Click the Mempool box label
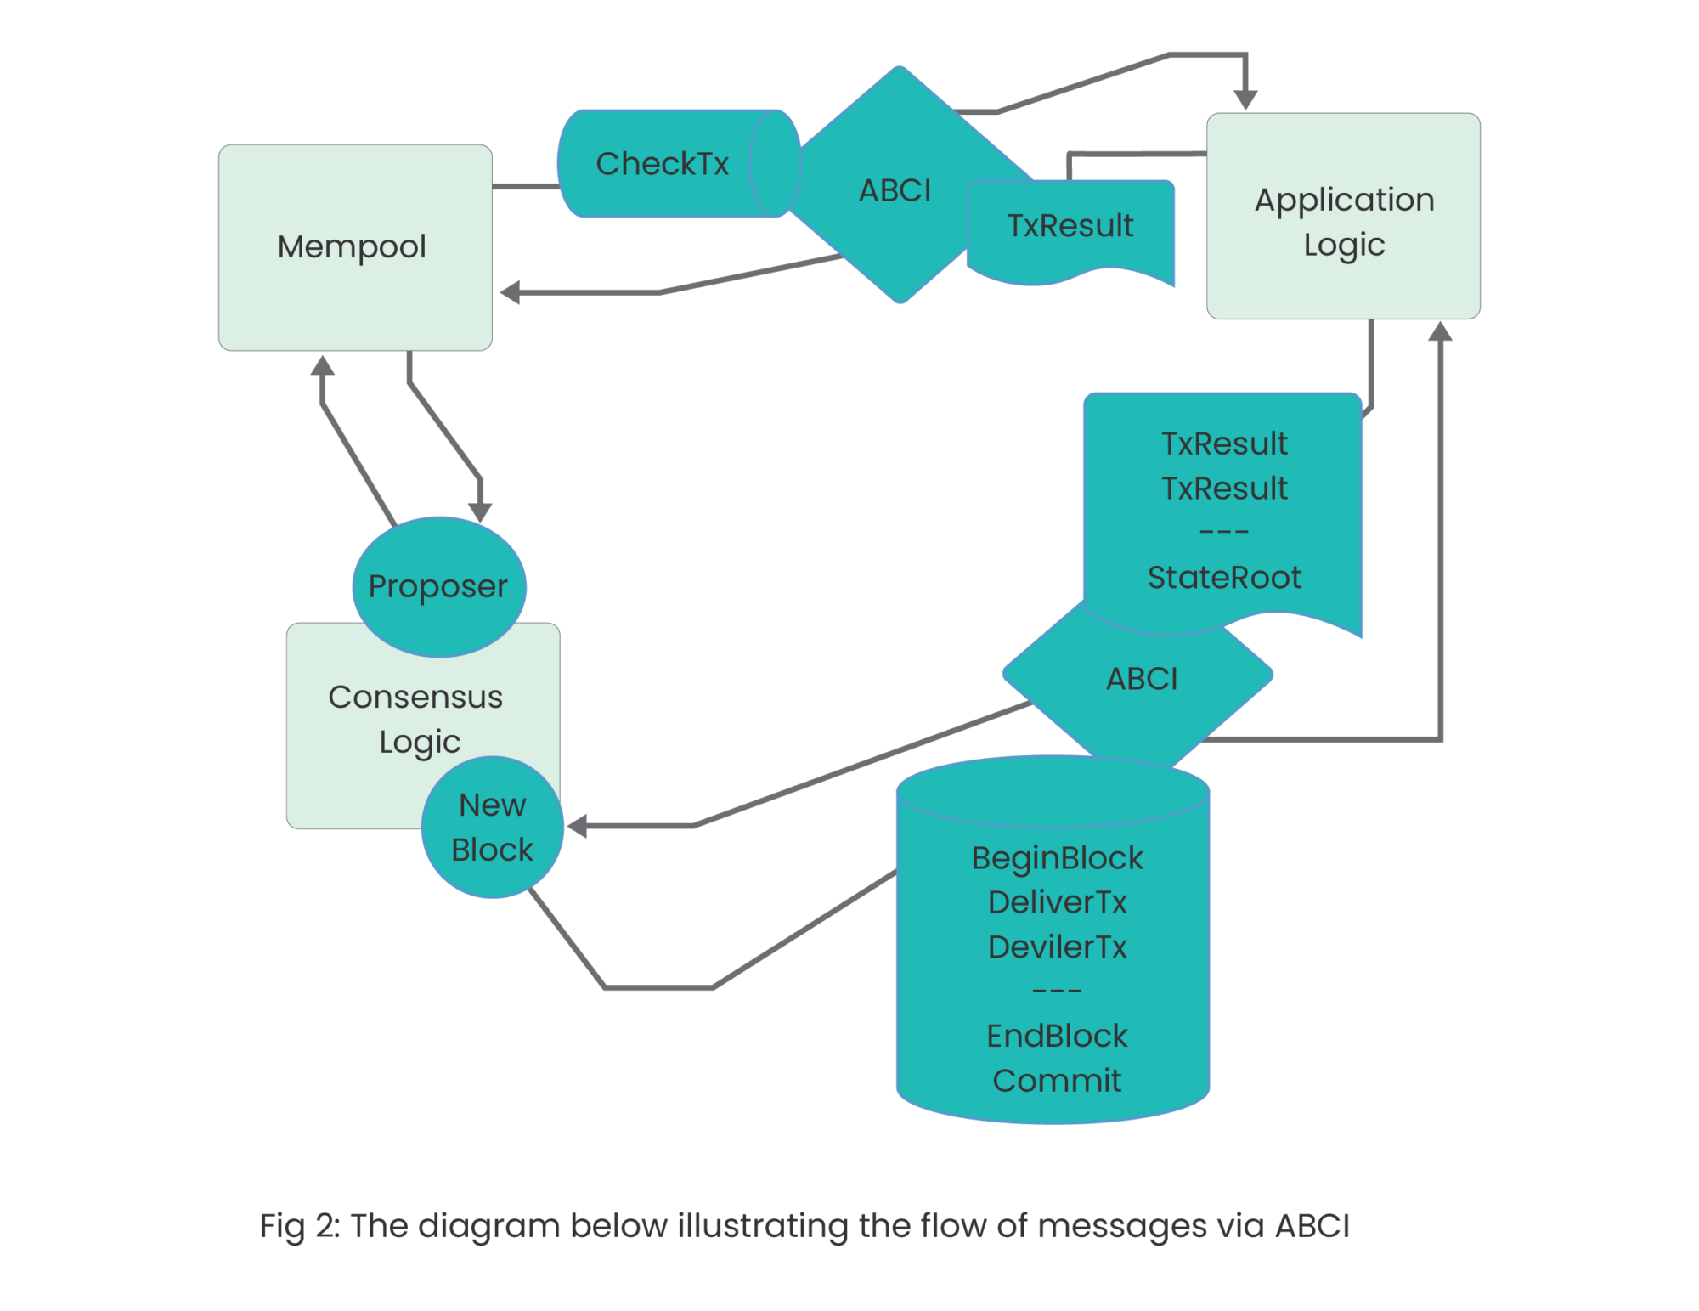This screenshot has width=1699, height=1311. [x=352, y=247]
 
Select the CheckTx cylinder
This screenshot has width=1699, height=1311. [x=663, y=164]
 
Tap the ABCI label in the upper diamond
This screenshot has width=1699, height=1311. [x=895, y=190]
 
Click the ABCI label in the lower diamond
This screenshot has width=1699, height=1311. [x=1142, y=679]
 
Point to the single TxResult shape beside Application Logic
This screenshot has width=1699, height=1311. [x=1070, y=226]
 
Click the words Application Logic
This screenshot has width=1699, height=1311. [x=1344, y=222]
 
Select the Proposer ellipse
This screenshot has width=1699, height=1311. [x=438, y=586]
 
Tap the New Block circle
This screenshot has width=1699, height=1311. [x=492, y=827]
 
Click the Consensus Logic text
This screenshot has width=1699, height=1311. [x=415, y=719]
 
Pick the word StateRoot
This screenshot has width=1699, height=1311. [x=1224, y=578]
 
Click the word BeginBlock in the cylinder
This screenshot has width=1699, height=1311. [x=1057, y=858]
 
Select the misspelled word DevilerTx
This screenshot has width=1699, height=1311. [x=1057, y=947]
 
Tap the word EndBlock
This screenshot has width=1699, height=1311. [x=1057, y=1036]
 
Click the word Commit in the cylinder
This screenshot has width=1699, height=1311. [x=1057, y=1081]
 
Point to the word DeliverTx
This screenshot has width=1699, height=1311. [x=1057, y=902]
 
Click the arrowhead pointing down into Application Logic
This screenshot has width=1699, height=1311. [x=1245, y=100]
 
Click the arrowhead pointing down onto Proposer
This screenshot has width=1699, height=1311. [x=481, y=511]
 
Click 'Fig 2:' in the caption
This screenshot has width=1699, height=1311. [x=299, y=1226]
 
